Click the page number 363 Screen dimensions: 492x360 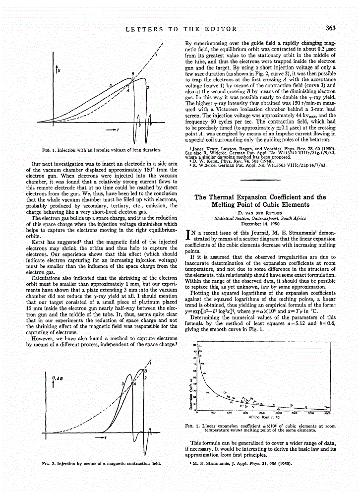click(331, 29)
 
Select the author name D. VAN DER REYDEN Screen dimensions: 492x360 click(260, 212)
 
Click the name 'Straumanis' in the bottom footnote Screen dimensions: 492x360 click(208, 464)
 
